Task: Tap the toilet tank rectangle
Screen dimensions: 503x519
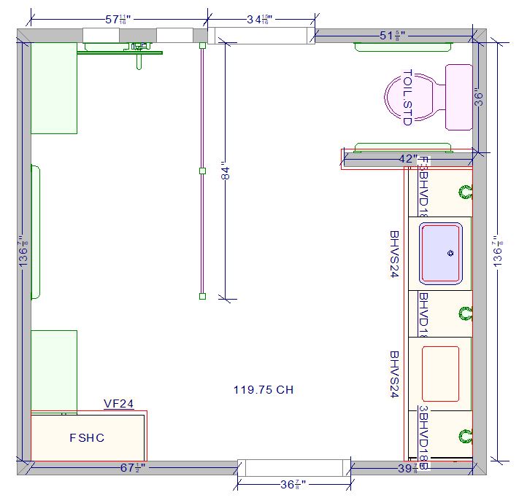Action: point(458,97)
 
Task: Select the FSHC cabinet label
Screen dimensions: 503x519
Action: point(87,438)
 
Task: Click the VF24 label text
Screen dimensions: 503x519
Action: point(118,404)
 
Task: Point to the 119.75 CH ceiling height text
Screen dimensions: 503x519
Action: point(264,390)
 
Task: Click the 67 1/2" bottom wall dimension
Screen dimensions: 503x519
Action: point(133,467)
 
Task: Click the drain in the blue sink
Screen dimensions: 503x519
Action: point(450,254)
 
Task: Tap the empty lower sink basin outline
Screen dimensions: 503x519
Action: point(440,374)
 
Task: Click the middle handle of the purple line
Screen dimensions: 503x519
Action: point(202,171)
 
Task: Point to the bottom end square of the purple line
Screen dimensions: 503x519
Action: point(202,296)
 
